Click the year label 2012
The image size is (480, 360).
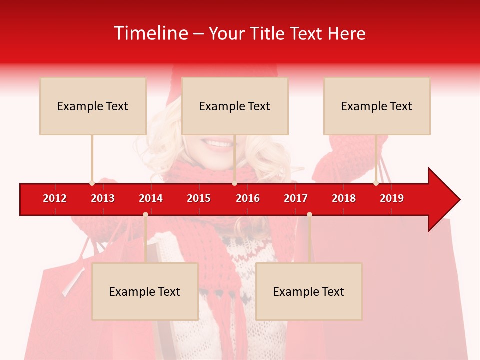tap(55, 198)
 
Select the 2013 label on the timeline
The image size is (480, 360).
tap(103, 198)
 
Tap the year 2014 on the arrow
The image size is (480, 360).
tap(151, 198)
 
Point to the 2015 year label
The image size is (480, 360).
tap(199, 198)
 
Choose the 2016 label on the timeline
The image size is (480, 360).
tap(248, 198)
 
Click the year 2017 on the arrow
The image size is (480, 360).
tap(296, 198)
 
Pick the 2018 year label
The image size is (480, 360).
tap(344, 198)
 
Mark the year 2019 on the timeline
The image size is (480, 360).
tap(392, 198)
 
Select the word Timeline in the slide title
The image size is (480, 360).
tap(150, 33)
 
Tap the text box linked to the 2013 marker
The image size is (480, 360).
tap(93, 106)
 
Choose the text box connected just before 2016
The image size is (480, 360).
tap(235, 106)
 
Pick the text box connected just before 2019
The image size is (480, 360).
tap(377, 106)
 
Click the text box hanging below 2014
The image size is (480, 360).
tap(145, 291)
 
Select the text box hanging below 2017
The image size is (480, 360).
tap(309, 291)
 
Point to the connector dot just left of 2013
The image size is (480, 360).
tap(92, 183)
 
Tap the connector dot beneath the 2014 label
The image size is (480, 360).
tap(145, 214)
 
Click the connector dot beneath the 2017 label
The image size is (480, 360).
tap(309, 214)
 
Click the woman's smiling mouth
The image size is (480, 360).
tap(218, 144)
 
